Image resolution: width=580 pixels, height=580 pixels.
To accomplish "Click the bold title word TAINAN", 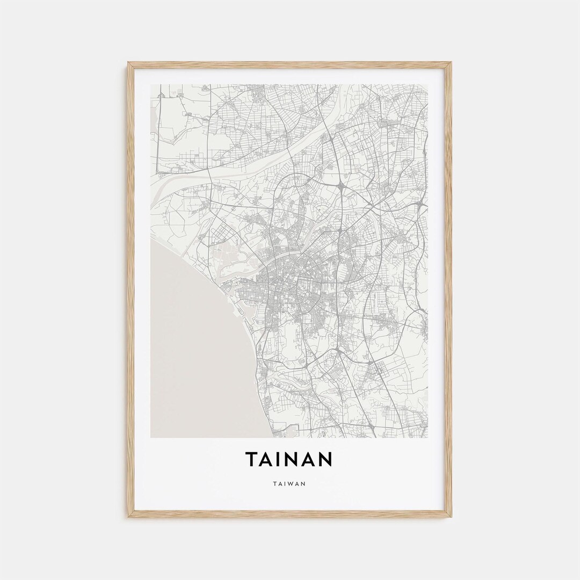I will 289,459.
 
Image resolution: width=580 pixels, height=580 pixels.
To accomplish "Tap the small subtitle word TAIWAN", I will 289,483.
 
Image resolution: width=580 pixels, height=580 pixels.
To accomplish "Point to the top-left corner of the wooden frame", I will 129,63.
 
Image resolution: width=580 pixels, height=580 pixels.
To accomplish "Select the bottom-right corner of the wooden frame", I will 450,516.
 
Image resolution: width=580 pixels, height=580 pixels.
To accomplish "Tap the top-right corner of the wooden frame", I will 450,63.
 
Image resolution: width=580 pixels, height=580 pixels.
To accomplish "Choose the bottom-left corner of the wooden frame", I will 129,516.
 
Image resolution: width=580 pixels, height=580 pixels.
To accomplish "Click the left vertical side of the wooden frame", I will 130,290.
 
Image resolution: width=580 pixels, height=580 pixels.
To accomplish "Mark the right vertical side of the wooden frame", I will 449,290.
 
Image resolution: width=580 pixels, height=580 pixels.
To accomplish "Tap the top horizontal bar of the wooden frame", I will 289,64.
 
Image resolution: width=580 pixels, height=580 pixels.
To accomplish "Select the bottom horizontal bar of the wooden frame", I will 289,514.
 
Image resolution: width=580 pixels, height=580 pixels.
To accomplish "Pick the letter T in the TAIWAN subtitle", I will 275,483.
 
